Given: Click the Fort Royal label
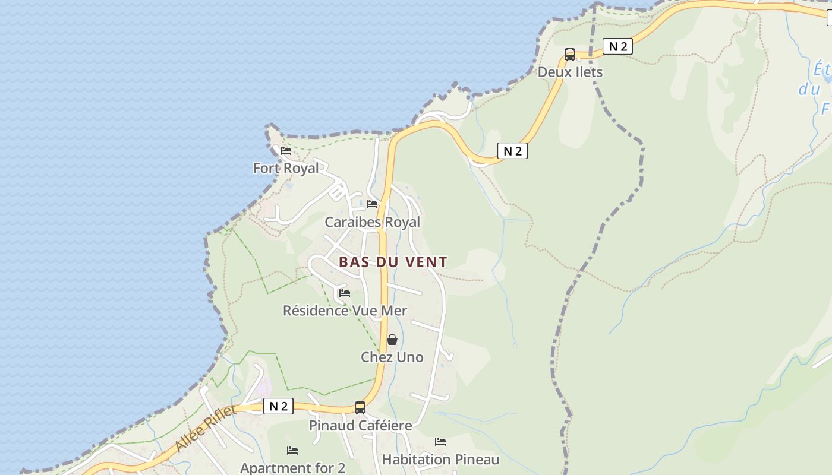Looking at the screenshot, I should pos(286,168).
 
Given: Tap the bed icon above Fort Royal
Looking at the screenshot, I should pos(286,151).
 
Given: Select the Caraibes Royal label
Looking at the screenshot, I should pos(372,222).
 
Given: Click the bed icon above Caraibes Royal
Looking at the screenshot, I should pos(372,204).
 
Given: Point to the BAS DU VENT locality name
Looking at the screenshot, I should pos(393,261).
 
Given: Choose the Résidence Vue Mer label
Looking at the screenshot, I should pos(345,311).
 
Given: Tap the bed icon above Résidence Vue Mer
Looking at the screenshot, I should pos(344,293).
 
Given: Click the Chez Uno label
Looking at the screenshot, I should pos(392,357).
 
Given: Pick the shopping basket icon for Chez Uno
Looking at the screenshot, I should pos(392,340).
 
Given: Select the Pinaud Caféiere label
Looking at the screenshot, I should pos(360,425).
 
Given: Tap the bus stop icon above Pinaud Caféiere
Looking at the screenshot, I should pos(360,408).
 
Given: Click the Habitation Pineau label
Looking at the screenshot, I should pos(440,460).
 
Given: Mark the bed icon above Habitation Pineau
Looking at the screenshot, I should pos(440,442).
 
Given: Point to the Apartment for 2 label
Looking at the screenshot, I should pos(292,467).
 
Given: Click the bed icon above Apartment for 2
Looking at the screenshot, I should pos(292,450).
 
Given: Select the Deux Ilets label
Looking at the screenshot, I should pos(570,72).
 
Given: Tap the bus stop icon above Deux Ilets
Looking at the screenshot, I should pos(570,55).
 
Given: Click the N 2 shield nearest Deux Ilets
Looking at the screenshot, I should pos(617,46).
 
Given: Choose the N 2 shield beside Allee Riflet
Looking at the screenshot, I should pos(278,406).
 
